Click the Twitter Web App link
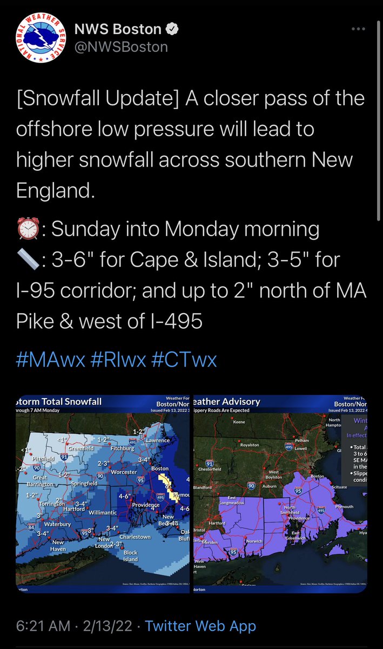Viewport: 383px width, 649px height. [200, 626]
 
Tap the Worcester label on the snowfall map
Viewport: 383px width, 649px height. [124, 472]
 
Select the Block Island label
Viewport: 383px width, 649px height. [131, 555]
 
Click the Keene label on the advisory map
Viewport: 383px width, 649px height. [239, 422]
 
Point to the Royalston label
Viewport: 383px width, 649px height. [250, 445]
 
